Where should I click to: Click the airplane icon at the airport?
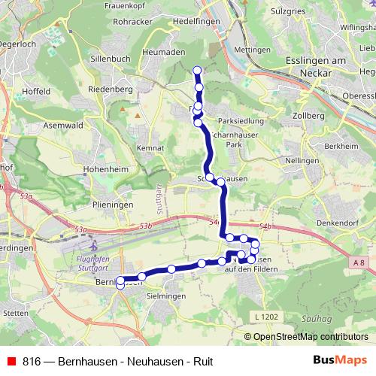(x=92, y=245)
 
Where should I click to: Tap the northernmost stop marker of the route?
(x=198, y=71)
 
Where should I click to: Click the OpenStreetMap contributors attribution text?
(x=311, y=337)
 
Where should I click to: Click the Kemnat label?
(x=152, y=148)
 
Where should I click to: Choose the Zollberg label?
(x=310, y=117)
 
